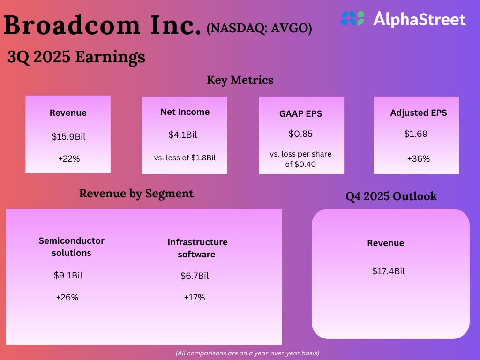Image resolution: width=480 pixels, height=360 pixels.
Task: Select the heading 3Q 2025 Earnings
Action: click(x=76, y=57)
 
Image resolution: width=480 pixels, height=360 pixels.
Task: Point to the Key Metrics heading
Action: click(x=240, y=80)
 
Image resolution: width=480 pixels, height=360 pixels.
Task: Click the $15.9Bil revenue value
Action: click(x=68, y=137)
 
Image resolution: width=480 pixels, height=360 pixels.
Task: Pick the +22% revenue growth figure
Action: click(x=69, y=159)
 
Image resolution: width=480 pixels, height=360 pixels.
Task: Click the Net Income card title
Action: click(x=185, y=112)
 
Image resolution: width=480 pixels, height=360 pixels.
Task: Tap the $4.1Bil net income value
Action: click(x=183, y=135)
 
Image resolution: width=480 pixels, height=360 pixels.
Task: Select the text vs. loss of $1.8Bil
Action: click(x=185, y=157)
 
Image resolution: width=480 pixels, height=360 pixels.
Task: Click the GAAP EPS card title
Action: click(x=301, y=113)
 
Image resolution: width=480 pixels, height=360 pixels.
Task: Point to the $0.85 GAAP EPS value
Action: click(x=301, y=134)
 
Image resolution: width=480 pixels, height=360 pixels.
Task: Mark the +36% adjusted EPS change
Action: click(x=418, y=159)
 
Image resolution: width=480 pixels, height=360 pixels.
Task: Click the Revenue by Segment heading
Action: click(x=136, y=193)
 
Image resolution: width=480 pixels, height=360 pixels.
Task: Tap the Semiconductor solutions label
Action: click(x=71, y=247)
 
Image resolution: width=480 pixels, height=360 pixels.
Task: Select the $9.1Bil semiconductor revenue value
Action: click(x=68, y=276)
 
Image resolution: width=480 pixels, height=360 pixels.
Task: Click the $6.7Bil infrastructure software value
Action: click(x=195, y=276)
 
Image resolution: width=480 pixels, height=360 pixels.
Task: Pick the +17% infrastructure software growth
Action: click(x=195, y=298)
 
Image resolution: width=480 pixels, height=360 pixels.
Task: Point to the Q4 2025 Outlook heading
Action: click(x=391, y=196)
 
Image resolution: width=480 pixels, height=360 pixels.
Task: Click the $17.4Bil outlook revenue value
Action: click(x=388, y=271)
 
